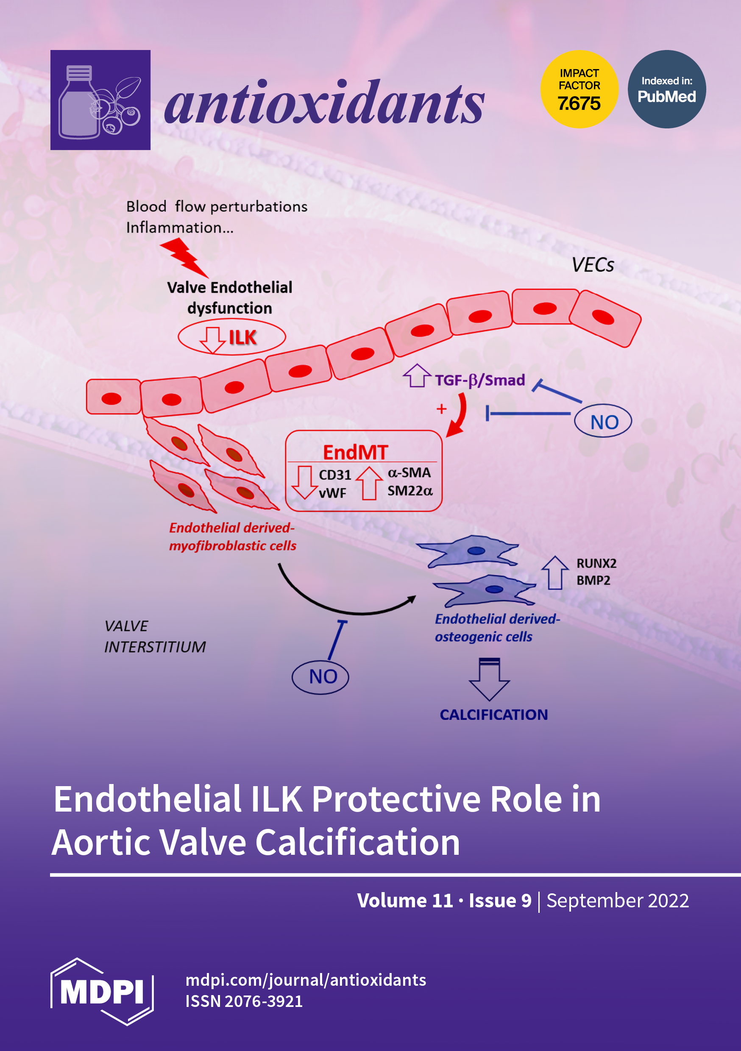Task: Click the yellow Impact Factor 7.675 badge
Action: (x=579, y=89)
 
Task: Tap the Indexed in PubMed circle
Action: (x=666, y=89)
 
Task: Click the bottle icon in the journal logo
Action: (x=79, y=103)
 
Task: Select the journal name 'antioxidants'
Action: (x=324, y=103)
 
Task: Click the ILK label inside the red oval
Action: (x=242, y=337)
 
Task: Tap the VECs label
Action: (x=592, y=265)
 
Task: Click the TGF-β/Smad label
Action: (x=479, y=380)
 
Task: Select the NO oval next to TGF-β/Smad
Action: (x=603, y=421)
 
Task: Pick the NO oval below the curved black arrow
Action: (x=320, y=676)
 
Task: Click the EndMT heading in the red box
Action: (x=355, y=452)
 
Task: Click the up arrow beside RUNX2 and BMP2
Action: (x=555, y=572)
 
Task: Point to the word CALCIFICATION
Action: (x=494, y=715)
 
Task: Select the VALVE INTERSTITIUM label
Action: (x=154, y=636)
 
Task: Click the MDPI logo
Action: (x=102, y=992)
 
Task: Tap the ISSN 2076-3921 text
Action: (x=244, y=1001)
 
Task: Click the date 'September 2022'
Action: (x=617, y=901)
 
